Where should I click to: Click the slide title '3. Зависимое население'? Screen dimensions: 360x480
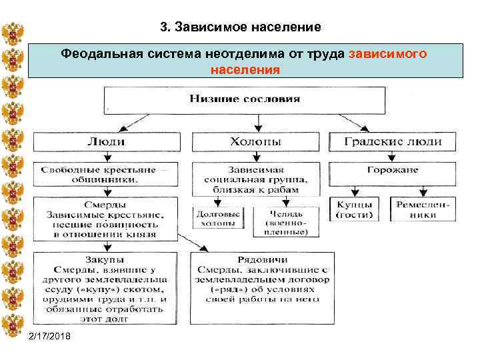click(241, 27)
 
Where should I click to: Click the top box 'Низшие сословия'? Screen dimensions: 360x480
click(245, 99)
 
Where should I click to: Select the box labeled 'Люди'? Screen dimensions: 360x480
click(106, 141)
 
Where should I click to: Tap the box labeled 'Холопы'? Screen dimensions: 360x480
click(255, 141)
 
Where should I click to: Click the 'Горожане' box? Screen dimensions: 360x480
click(392, 170)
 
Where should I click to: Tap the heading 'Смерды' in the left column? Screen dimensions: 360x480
click(106, 205)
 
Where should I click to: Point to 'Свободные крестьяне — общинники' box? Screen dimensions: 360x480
click(106, 175)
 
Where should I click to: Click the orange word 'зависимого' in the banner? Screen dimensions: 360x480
click(388, 53)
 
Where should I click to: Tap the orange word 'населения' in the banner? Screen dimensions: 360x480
click(245, 69)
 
